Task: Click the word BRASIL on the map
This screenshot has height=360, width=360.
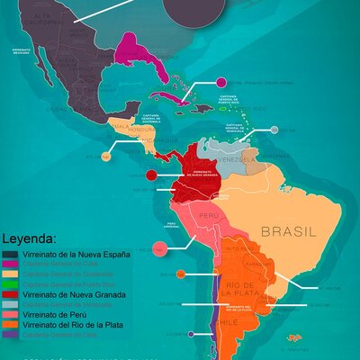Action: tap(288, 232)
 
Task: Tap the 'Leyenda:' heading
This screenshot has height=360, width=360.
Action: tap(30, 240)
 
